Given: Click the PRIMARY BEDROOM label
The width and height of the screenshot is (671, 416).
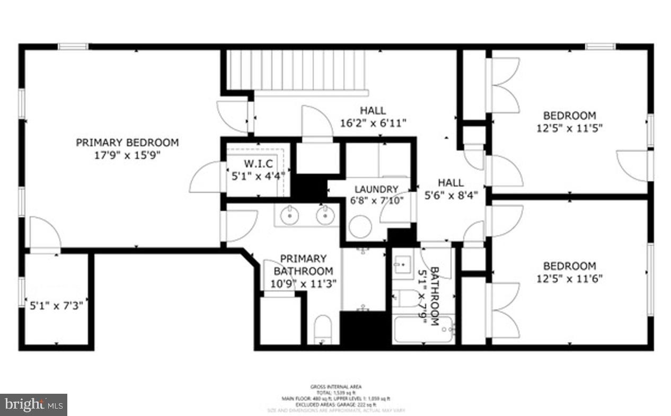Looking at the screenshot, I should click(x=127, y=143).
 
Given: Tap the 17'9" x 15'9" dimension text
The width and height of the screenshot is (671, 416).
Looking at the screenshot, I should click(x=127, y=155).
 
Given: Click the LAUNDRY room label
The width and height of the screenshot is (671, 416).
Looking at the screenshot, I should click(x=376, y=189).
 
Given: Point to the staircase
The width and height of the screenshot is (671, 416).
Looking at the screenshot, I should click(x=297, y=69).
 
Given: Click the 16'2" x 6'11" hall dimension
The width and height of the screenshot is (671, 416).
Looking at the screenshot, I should click(x=373, y=123).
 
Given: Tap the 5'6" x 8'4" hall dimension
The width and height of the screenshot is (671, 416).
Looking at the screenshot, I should click(x=451, y=194).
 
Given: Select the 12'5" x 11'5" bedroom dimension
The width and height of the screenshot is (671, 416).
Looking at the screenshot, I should click(x=570, y=128).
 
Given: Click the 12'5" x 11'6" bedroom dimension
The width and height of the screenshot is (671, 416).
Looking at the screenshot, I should click(x=570, y=278).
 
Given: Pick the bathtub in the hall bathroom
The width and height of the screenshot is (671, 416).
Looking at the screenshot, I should click(x=424, y=330).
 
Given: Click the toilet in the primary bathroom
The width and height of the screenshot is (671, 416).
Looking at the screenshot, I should click(x=322, y=330).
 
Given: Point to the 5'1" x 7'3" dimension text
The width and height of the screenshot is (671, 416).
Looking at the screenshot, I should click(x=56, y=305).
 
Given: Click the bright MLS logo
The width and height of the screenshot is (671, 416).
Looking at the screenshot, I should click(x=33, y=405).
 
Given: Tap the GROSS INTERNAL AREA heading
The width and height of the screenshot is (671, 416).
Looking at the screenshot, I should click(x=336, y=387).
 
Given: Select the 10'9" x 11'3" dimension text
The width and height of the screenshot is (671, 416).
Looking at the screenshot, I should click(x=303, y=284).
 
